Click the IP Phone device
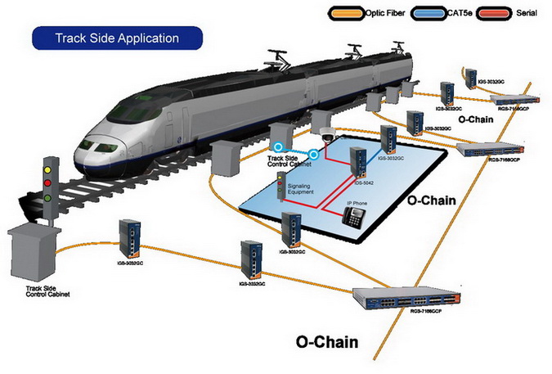(353, 217)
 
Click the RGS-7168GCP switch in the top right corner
(518, 100)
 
